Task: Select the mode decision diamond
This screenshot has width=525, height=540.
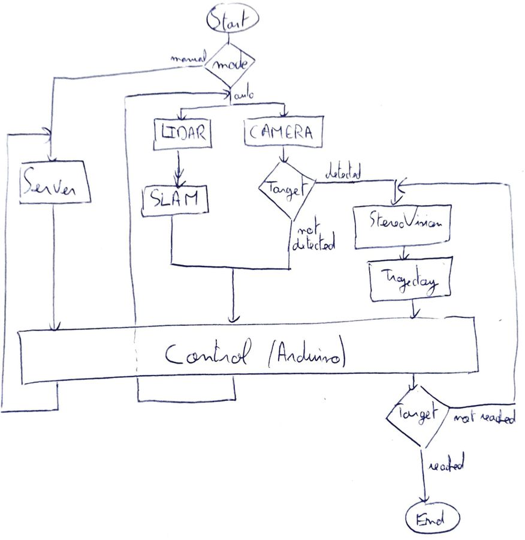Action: coord(230,64)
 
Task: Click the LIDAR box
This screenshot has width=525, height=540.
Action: coord(183,133)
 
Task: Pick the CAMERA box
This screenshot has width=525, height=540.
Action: coord(283,132)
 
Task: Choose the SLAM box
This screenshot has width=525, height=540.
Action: coord(176,200)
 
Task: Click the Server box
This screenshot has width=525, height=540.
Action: coord(55,183)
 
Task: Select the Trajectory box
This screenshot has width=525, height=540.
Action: coord(411,280)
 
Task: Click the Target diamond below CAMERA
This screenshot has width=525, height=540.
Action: coord(286,188)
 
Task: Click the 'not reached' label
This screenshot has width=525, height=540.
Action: coord(484,418)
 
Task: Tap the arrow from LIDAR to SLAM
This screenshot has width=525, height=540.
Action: coord(178,170)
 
